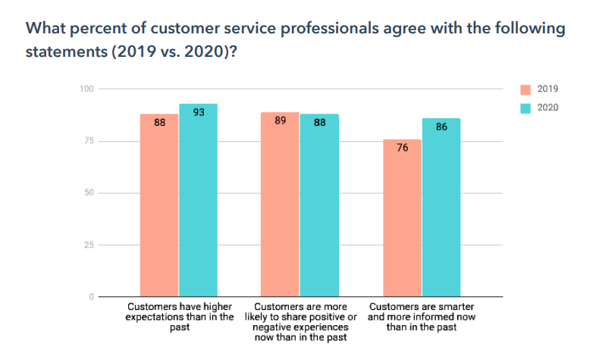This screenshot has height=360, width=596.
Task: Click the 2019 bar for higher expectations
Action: tap(159, 205)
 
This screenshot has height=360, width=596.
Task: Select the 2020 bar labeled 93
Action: tap(199, 200)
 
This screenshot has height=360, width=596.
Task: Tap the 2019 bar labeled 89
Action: tap(280, 204)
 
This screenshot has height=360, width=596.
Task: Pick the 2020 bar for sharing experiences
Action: tap(319, 205)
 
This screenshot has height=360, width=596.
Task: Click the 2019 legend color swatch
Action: tap(525, 89)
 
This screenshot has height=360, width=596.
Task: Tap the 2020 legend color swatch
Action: tap(525, 108)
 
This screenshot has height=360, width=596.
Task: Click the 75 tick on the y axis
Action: tap(88, 141)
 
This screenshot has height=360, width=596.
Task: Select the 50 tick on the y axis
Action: tap(88, 193)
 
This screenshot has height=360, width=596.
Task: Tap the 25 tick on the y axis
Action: tap(88, 245)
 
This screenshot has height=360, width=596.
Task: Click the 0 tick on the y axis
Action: tap(90, 296)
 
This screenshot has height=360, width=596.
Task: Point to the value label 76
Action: tap(402, 148)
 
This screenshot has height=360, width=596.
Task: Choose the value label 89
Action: tap(280, 121)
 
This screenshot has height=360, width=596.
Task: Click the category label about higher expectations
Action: tap(179, 317)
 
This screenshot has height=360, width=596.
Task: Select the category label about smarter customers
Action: tap(422, 317)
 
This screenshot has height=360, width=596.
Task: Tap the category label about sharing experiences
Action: tap(300, 322)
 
